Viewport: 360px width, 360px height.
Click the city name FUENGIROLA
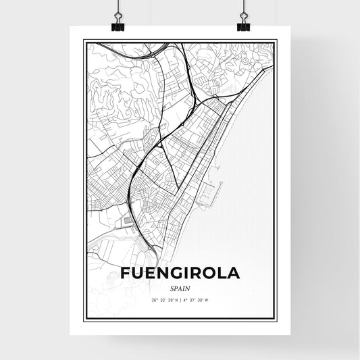click(180, 274)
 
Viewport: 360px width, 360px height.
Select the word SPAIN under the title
click(180, 287)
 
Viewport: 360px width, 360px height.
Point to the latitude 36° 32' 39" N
click(161, 299)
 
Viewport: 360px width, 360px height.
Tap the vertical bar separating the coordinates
click(180, 299)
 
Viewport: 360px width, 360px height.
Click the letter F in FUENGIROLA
click(126, 274)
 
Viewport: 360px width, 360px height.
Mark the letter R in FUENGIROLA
click(190, 274)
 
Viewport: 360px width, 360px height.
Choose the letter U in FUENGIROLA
click(138, 274)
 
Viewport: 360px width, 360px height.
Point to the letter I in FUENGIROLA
click(179, 274)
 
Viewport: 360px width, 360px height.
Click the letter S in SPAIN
click(172, 287)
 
